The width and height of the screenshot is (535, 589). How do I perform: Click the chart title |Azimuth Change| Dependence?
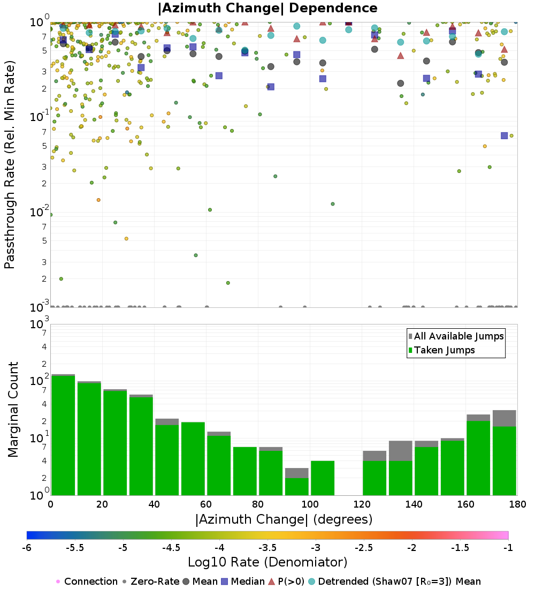pyautogui.click(x=267, y=8)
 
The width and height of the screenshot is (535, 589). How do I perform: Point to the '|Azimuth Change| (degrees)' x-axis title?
pyautogui.click(x=284, y=519)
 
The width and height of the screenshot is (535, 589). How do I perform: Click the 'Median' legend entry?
pyautogui.click(x=246, y=582)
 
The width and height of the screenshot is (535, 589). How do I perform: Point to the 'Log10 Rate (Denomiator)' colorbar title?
pyautogui.click(x=267, y=562)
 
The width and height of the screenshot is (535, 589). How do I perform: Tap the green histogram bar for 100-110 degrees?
pyautogui.click(x=323, y=478)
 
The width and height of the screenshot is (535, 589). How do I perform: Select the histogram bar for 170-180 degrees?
pyautogui.click(x=504, y=460)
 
